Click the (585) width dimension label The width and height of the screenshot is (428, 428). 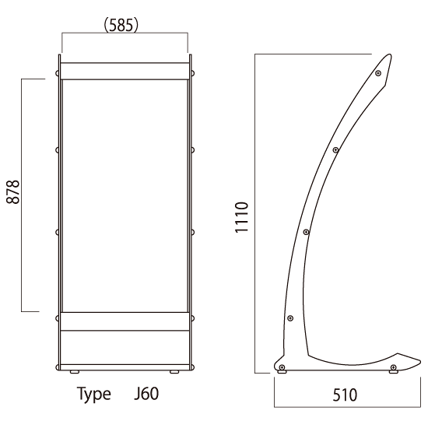(121, 25)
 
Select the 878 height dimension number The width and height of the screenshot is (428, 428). (13, 192)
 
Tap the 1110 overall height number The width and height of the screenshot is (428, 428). (241, 218)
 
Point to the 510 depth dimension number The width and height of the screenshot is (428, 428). (345, 395)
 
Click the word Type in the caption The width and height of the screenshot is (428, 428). (94, 395)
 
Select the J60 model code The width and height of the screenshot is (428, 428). (146, 394)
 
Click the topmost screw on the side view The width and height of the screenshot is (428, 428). (378, 73)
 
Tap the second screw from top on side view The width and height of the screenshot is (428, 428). (335, 150)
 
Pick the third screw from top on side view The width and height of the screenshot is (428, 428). (307, 232)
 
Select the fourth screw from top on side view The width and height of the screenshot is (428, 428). (290, 318)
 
